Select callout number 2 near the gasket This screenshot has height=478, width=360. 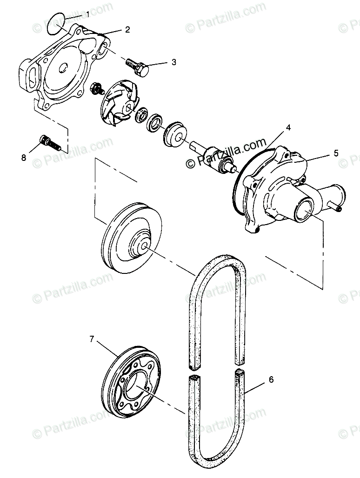coord(127,29)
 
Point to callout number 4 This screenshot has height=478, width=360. coord(288,126)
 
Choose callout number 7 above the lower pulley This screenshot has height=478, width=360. coord(92,339)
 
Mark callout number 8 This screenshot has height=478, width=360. coord(24,157)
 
